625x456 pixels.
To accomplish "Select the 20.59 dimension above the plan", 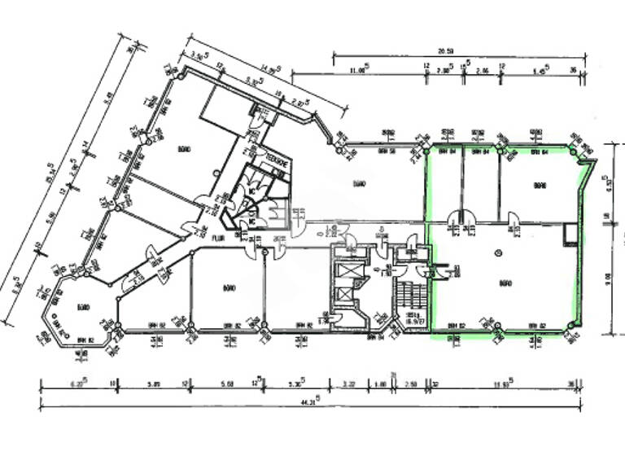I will [x=445, y=51].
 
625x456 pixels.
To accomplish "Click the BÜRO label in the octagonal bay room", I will [x=82, y=307].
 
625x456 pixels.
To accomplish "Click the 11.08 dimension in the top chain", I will [x=357, y=70].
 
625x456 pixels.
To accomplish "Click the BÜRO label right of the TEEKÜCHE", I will [x=359, y=184].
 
